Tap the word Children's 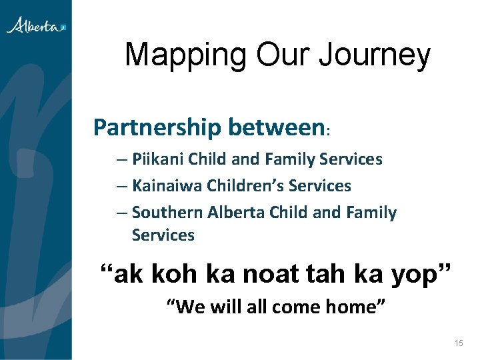tap(241, 186)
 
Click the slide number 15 tap(458, 343)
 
